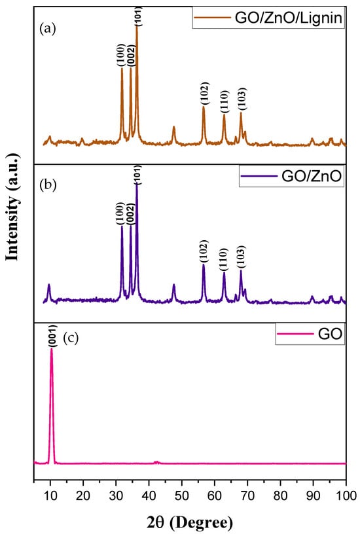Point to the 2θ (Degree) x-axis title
click(x=190, y=523)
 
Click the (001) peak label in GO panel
click(x=52, y=338)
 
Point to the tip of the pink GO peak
click(x=52, y=349)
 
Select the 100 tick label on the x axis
click(x=345, y=491)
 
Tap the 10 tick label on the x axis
click(x=50, y=491)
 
